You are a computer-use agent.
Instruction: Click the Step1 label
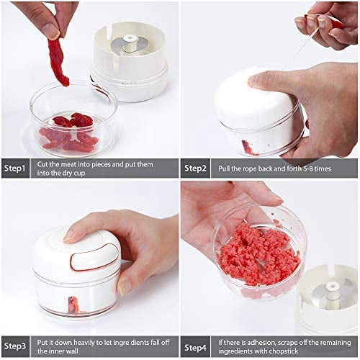[x=14, y=168]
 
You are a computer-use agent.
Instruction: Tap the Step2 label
[x=195, y=168]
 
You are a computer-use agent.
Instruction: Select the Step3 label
[x=15, y=346]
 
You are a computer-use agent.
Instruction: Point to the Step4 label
[x=195, y=347]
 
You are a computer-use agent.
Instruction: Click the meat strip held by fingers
[x=58, y=62]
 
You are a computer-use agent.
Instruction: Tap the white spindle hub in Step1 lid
[x=130, y=43]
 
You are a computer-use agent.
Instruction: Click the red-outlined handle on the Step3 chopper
[x=95, y=258]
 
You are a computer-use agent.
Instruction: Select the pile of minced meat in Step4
[x=259, y=255]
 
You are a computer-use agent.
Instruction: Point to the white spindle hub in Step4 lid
[x=332, y=293]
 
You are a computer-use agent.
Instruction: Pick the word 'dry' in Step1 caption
[x=64, y=174]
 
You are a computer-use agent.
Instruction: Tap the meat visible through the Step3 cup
[x=74, y=305]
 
